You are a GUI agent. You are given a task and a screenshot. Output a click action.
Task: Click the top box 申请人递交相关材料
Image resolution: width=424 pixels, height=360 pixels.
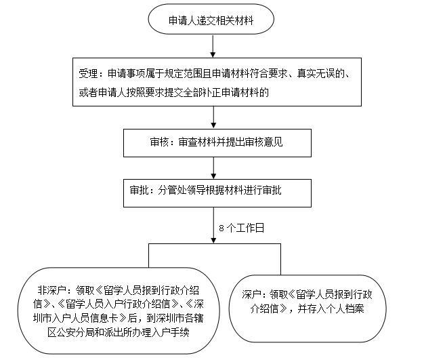(x=211, y=19)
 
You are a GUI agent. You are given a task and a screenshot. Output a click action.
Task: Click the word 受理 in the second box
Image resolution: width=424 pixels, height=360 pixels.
(x=88, y=73)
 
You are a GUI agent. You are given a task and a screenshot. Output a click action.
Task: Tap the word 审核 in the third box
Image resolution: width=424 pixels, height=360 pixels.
(x=159, y=142)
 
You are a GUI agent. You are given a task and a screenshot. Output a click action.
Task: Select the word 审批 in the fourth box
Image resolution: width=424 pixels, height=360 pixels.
(x=139, y=191)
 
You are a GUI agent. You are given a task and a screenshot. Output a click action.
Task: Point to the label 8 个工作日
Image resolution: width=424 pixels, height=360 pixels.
(x=242, y=228)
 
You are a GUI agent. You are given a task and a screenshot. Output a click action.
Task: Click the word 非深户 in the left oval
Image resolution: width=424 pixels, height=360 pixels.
(x=51, y=291)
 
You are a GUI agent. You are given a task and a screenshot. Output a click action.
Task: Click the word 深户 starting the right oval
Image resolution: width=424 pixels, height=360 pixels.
(x=251, y=294)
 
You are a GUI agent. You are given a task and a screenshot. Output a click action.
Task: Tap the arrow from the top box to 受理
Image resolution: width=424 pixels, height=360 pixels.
(x=213, y=46)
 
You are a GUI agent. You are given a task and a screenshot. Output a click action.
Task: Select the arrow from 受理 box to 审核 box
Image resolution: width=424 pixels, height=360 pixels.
(x=213, y=117)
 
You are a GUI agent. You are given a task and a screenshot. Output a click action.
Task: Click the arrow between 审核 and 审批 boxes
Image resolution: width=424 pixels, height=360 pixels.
(x=213, y=168)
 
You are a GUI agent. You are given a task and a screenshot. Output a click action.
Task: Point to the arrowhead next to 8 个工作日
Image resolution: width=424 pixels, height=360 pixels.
(x=213, y=241)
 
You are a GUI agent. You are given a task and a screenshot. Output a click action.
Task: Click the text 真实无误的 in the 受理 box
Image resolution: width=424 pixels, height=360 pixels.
(x=320, y=73)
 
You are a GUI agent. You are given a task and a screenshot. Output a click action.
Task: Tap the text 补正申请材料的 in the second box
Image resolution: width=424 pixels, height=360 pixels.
(x=236, y=93)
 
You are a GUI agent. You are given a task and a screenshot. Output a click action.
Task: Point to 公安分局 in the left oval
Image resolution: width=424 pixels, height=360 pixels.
(x=75, y=332)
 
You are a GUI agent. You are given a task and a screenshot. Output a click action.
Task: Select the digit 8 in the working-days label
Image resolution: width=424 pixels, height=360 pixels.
(x=221, y=228)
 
